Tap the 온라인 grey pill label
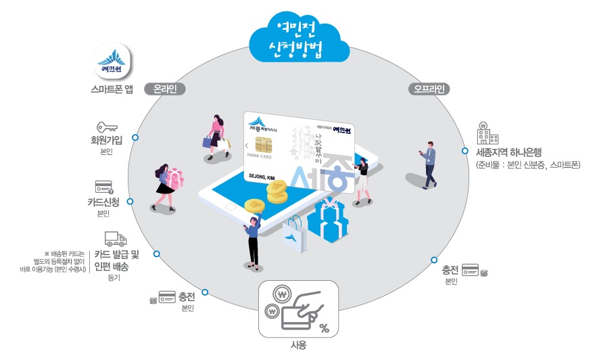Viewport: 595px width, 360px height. pos(165,89)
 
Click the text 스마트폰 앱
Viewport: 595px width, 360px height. pos(112,89)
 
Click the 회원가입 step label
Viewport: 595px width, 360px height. pos(106,141)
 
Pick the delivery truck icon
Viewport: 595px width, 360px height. pos(116,239)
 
